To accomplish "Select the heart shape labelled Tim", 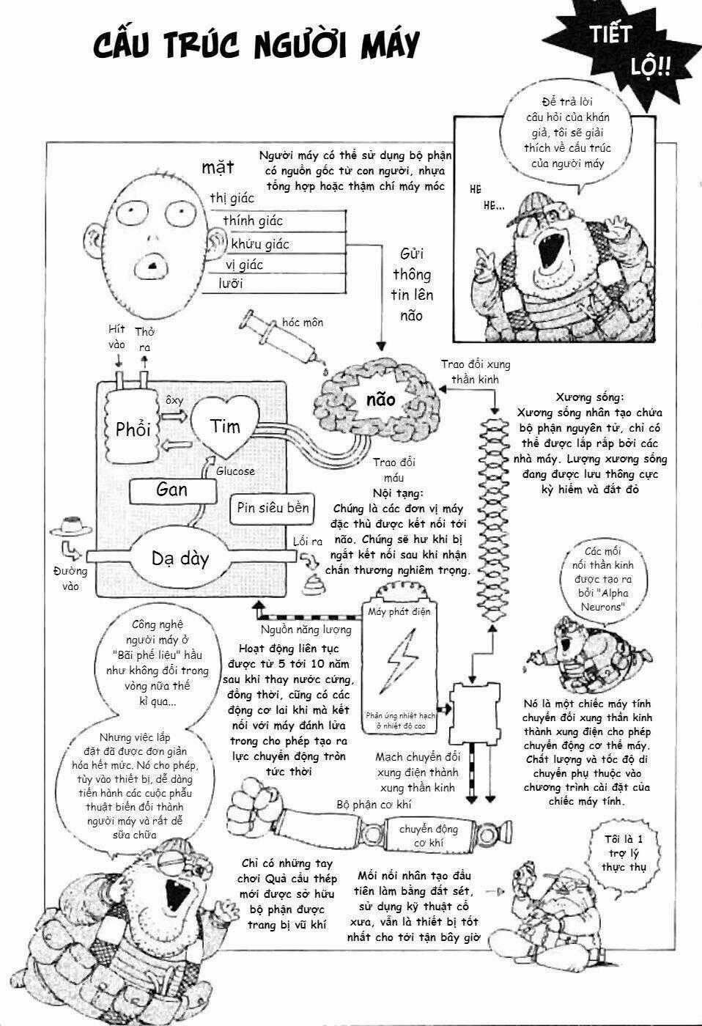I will (224, 425).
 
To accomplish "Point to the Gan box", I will (172, 490).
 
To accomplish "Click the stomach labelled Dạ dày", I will (180, 559).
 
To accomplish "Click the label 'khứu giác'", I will (260, 243).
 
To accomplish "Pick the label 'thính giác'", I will (253, 221).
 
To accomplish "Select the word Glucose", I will (235, 471).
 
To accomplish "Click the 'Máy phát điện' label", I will (399, 611).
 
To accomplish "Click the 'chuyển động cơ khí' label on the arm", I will (429, 836).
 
